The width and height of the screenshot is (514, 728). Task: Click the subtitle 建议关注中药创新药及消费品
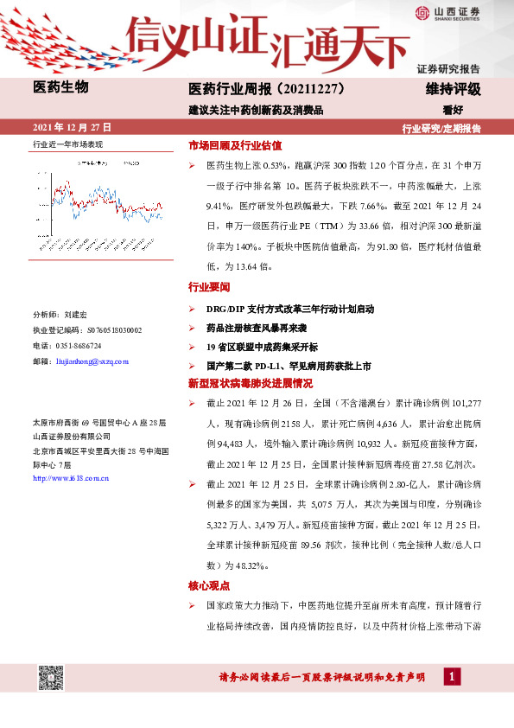(256, 110)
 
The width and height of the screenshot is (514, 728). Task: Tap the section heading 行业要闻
(209, 286)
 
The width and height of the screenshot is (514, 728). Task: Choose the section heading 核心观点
(209, 585)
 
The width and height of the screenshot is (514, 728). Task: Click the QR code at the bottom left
(49, 678)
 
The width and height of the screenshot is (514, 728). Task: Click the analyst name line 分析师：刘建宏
(60, 316)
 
